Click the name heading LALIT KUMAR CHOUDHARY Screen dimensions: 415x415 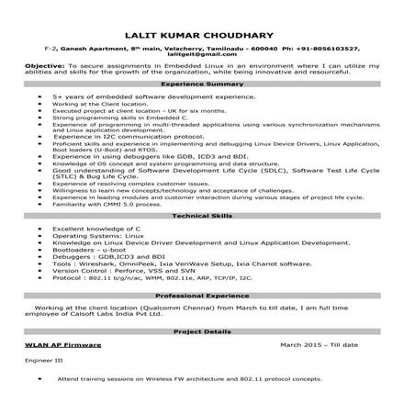pyautogui.click(x=207, y=29)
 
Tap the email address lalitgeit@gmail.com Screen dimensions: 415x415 pyautogui.click(x=207, y=54)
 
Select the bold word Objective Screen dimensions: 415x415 pyautogui.click(x=44, y=67)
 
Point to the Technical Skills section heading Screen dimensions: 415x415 pyautogui.click(x=207, y=212)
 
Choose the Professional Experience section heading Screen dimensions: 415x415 pyautogui.click(x=207, y=296)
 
